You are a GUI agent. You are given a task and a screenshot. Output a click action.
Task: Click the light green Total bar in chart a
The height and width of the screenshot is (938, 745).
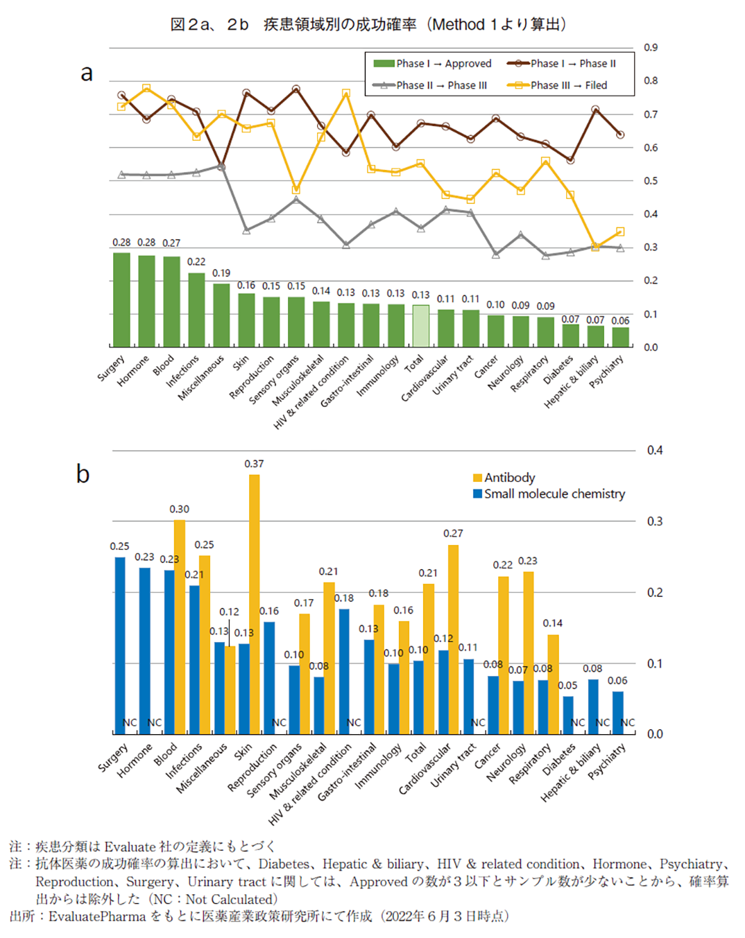tap(420, 326)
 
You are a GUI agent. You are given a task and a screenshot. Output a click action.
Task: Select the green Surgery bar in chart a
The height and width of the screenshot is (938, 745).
tap(121, 299)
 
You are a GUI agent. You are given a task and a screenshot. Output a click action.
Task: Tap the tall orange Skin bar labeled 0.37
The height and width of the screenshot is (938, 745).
tap(255, 604)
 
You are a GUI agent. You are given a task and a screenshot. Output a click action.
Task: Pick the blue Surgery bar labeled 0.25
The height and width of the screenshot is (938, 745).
tap(120, 645)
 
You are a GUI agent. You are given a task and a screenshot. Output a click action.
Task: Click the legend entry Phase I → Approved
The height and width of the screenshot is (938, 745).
tap(433, 64)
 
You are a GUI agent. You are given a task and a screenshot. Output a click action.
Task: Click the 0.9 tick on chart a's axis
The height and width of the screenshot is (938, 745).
tap(650, 48)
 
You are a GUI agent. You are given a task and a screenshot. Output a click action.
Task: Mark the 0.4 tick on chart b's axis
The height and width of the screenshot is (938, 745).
tap(654, 451)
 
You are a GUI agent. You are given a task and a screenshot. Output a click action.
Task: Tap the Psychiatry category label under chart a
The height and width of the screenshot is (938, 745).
tap(606, 372)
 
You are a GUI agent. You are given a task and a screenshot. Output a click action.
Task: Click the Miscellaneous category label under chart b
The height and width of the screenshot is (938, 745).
tap(201, 768)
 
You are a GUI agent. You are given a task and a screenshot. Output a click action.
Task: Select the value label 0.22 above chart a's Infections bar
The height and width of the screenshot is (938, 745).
tap(196, 261)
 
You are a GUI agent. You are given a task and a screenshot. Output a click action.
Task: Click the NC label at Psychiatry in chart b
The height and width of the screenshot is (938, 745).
tap(628, 722)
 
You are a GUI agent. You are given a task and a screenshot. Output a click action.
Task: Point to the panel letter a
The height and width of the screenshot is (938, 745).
tap(86, 73)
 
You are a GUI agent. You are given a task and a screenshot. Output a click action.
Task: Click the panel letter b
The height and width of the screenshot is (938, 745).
tap(83, 474)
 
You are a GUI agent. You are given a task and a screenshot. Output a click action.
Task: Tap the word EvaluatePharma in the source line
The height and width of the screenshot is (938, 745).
tap(96, 917)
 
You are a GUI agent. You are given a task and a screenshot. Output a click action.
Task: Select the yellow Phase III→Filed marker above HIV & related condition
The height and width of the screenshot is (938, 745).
tap(345, 94)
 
